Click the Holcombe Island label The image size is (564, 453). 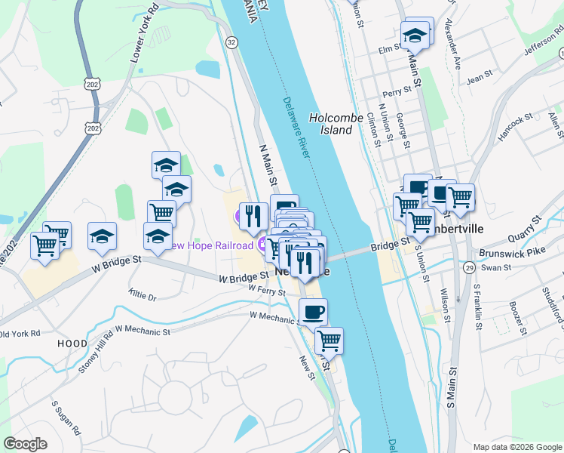(x=331, y=124)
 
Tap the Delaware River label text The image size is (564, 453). (x=298, y=128)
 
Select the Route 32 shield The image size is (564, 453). (x=231, y=44)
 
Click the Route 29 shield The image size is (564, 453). (x=469, y=267)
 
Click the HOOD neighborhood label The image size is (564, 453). (x=73, y=343)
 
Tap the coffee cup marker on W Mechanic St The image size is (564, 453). (x=314, y=310)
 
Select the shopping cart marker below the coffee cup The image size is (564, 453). (x=329, y=340)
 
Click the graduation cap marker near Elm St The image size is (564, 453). (x=414, y=35)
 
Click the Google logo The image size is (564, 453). (x=26, y=443)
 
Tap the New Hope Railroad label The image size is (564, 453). (x=210, y=245)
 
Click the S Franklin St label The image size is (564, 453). (x=477, y=306)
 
